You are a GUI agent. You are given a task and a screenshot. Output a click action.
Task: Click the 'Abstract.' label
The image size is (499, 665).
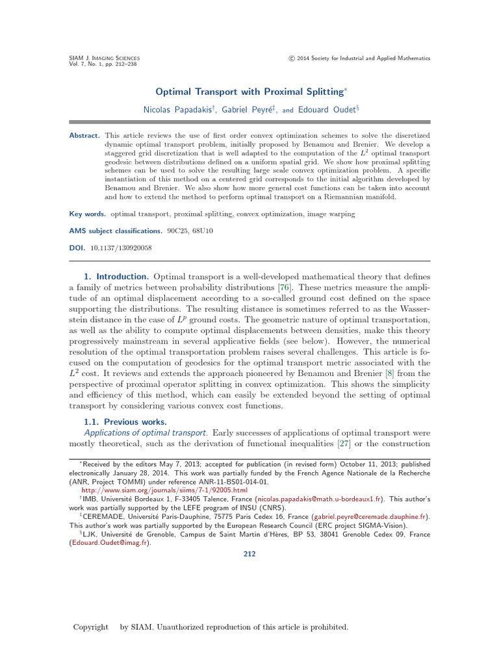pos(84,135)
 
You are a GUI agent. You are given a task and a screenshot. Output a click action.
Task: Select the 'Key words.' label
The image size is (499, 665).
pos(88,214)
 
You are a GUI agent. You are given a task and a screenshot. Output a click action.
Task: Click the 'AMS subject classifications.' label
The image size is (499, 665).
pos(116,231)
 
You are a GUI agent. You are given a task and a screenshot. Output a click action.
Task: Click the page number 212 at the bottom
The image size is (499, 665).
pos(249,554)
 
